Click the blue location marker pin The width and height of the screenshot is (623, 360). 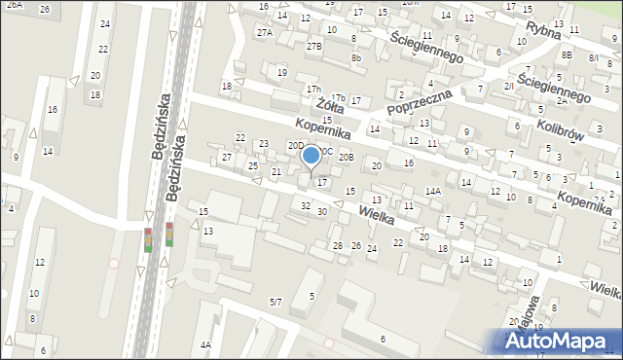311,156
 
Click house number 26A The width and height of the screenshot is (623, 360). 14,5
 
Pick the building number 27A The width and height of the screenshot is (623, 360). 265,32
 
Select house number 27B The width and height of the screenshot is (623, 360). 313,46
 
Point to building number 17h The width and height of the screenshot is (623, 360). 312,89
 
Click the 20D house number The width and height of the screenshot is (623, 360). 295,145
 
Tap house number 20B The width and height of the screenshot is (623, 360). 347,156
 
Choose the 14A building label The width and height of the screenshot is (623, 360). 433,192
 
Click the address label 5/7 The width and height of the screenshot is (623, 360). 275,303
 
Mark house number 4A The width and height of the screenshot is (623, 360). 205,344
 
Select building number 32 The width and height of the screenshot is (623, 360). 306,205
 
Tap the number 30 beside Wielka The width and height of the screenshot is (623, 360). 321,211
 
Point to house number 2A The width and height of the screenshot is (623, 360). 562,100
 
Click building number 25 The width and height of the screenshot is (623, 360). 253,165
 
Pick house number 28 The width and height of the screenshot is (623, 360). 338,245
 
